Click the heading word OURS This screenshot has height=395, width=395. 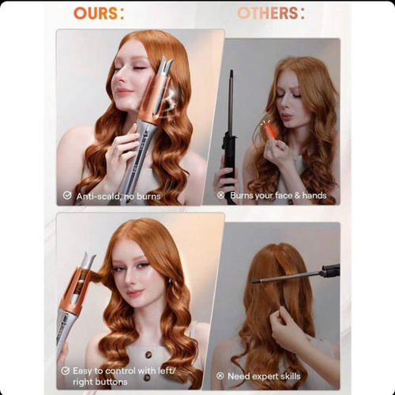coord(96,13)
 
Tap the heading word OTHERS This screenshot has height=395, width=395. coord(268,13)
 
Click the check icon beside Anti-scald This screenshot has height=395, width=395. coord(67,195)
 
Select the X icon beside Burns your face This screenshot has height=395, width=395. coord(220,195)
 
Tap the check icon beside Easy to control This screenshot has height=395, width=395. coord(65,371)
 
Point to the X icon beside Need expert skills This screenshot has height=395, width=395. coord(220,376)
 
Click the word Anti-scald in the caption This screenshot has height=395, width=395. coord(97,196)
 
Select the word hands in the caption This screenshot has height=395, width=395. coord(314,195)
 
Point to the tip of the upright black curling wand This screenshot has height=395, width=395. coord(231,71)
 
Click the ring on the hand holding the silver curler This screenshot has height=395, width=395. coord(115,153)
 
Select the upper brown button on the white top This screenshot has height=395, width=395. coord(149,355)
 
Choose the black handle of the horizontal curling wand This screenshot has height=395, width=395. coord(330,270)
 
